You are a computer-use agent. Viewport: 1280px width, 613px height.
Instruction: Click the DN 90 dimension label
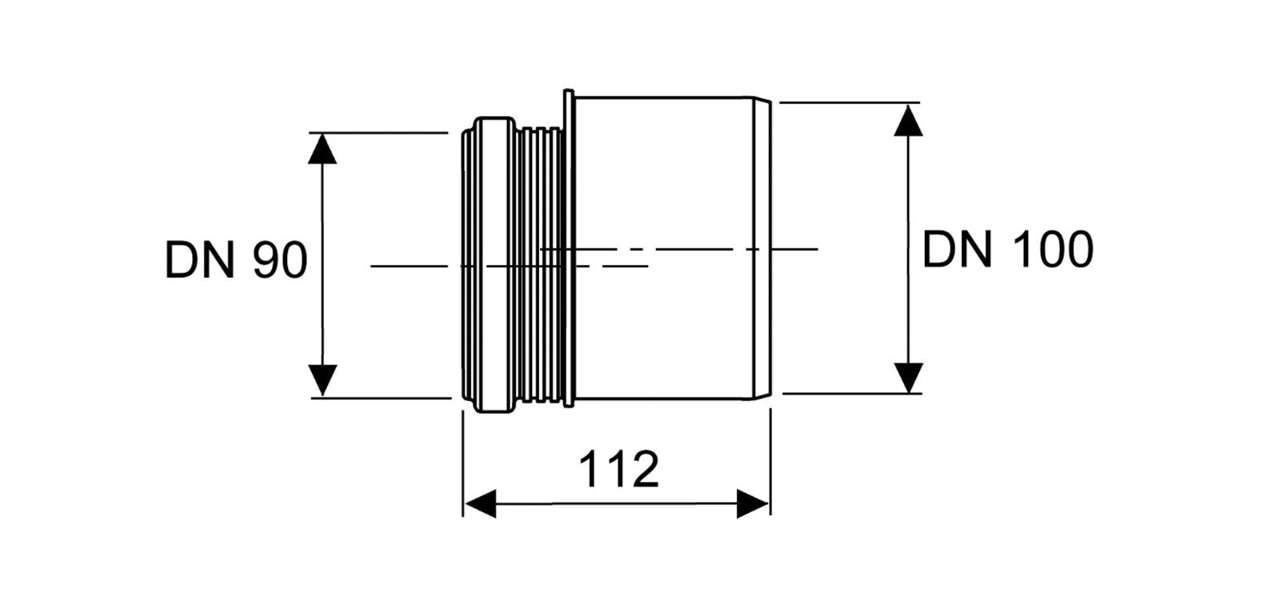pos(236,260)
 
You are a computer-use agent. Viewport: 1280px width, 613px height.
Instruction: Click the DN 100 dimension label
pos(1008,250)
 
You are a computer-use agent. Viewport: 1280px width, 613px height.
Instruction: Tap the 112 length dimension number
pos(619,470)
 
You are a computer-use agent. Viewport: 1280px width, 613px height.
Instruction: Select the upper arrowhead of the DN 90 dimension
pos(322,149)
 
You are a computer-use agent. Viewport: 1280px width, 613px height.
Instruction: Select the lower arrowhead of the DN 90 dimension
pos(322,379)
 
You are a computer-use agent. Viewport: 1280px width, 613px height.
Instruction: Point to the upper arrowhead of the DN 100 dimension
pos(909,120)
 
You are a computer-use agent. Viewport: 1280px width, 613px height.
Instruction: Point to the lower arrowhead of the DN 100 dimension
pos(909,378)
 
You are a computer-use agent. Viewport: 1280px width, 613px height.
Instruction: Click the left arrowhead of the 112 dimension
pos(480,504)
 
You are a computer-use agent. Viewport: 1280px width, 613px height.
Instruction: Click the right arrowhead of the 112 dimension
pos(753,504)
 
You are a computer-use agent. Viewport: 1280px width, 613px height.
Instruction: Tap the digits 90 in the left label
pos(281,260)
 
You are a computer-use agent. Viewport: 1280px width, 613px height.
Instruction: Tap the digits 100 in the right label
pos(1053,250)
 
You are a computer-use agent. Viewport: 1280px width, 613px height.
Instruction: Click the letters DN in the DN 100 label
pos(958,250)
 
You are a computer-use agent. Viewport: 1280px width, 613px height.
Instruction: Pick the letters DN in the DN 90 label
pos(200,260)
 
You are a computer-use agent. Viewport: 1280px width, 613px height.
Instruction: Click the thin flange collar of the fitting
pos(569,248)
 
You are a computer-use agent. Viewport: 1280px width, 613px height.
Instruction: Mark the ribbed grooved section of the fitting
pos(541,266)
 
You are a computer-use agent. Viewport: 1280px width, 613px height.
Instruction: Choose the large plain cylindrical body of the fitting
pos(663,248)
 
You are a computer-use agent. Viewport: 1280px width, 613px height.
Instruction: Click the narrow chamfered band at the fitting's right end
pos(762,248)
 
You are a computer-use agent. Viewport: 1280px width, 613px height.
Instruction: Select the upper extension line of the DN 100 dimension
pos(850,103)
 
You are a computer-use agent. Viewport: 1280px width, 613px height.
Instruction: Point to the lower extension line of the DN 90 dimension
pos(381,398)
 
